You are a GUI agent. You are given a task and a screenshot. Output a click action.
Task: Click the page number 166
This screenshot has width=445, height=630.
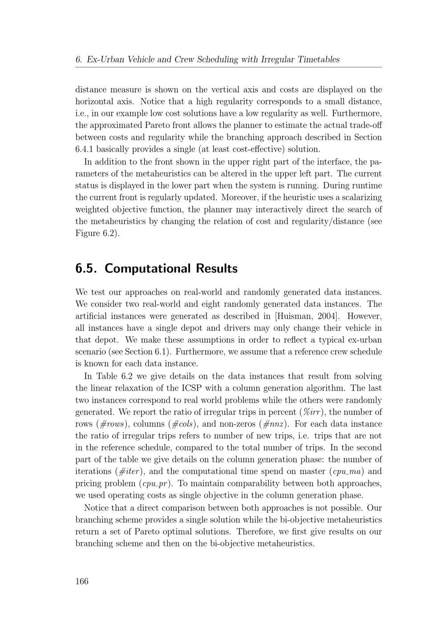point(82,581)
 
